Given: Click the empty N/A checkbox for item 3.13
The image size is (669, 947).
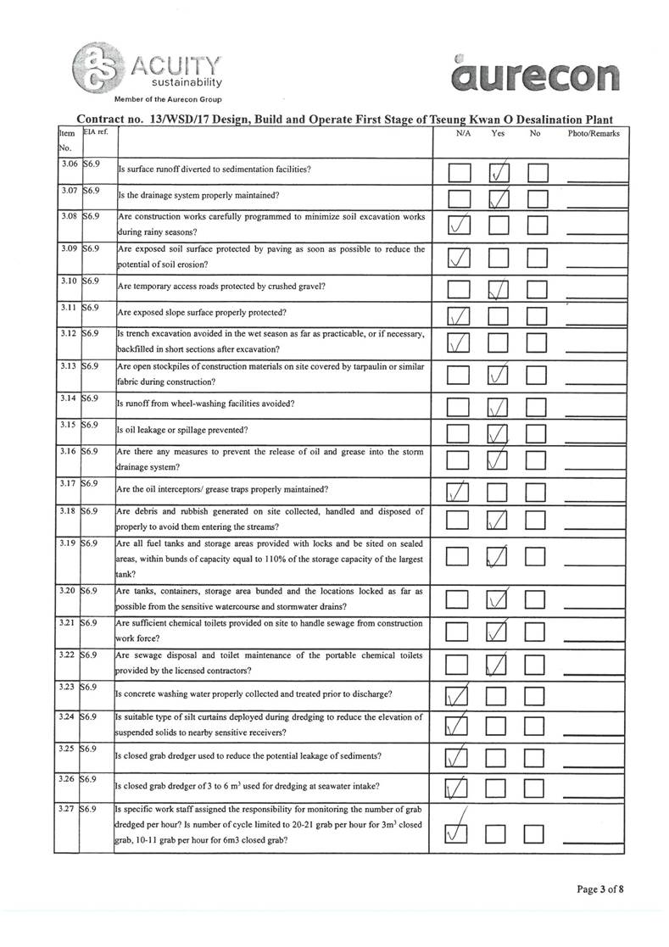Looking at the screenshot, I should pos(458,374).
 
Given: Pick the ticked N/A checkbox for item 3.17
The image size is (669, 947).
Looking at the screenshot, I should pos(458,493).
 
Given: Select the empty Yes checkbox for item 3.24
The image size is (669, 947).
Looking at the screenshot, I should pos(499,725).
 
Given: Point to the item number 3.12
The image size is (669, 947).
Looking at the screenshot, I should pos(68,334).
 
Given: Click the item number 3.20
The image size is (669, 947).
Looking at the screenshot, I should pos(68,591).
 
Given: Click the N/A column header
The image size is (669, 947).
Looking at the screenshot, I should pos(463,133).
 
